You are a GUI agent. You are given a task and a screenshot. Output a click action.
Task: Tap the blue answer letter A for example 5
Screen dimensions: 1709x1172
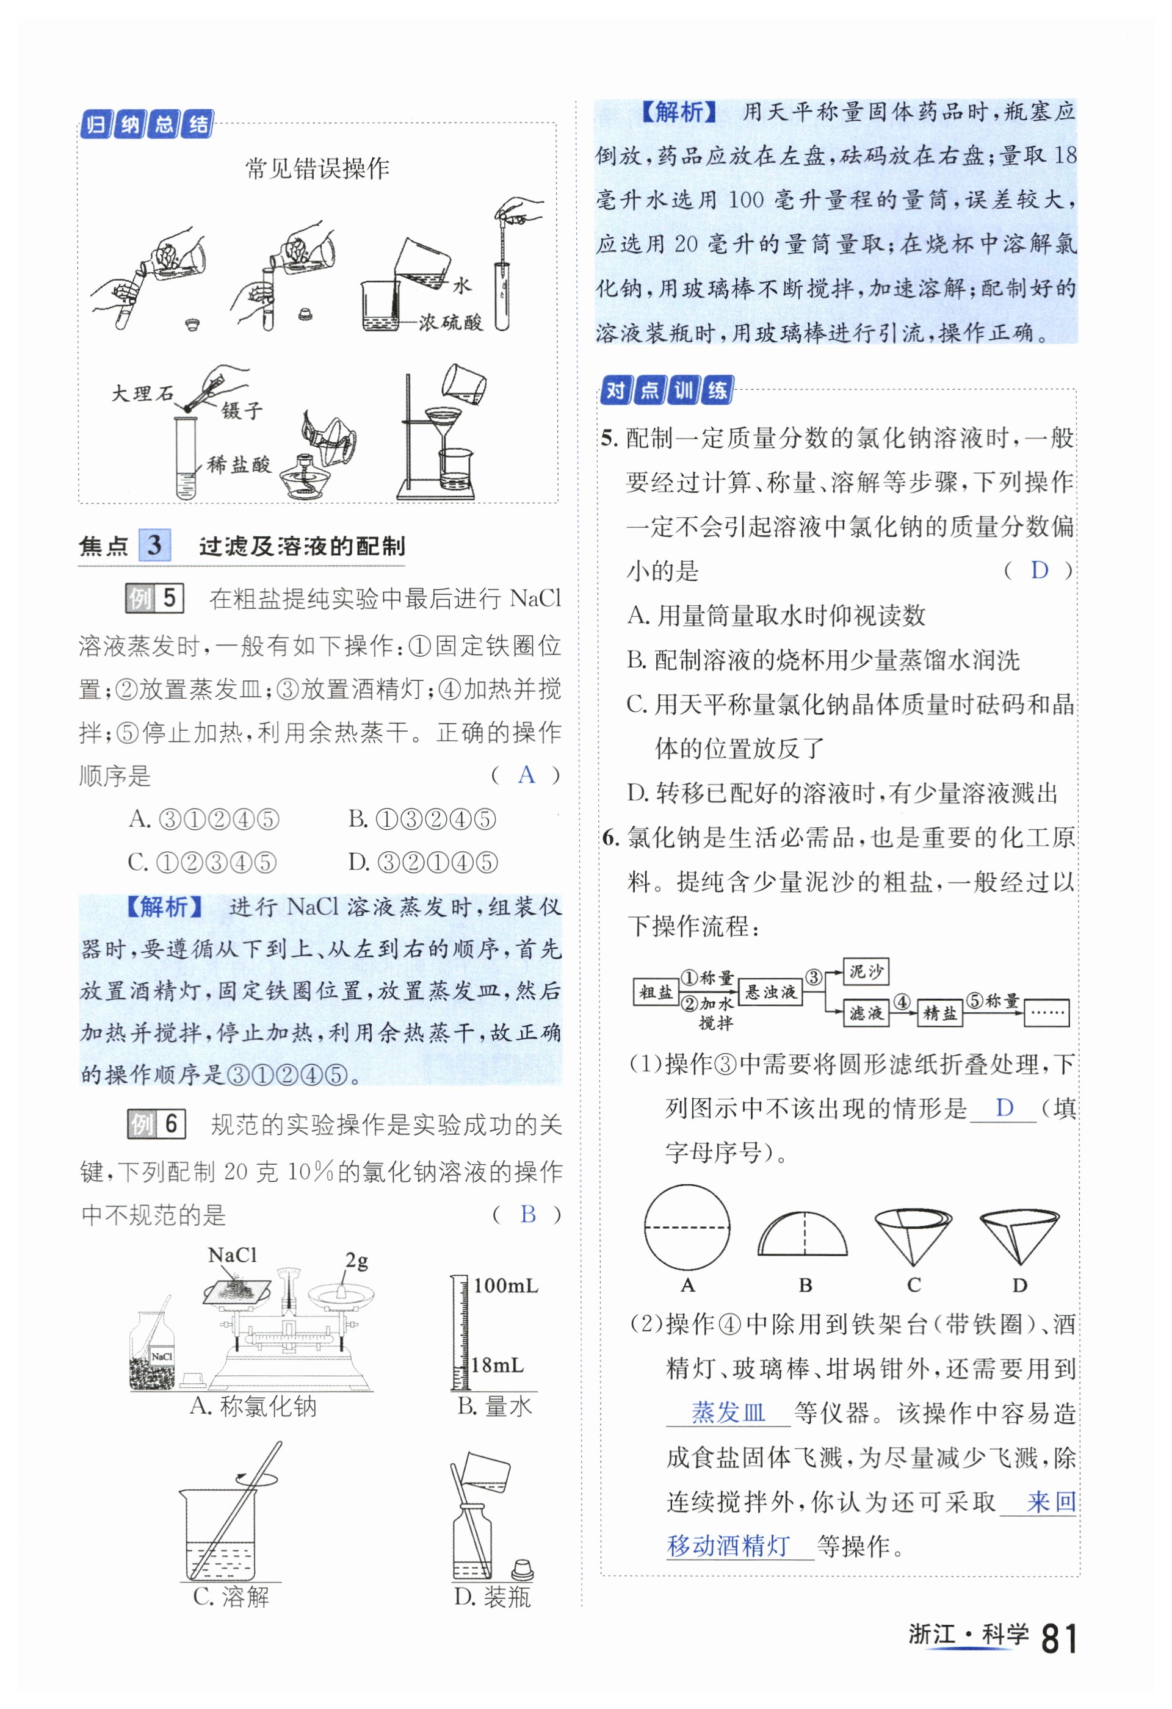526,774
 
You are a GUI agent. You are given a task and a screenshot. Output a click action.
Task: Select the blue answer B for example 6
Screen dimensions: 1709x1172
527,1214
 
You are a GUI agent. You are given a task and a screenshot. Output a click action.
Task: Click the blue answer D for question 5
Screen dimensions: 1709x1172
1039,570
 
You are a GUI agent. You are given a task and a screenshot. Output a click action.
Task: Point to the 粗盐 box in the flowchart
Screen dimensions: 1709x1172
655,992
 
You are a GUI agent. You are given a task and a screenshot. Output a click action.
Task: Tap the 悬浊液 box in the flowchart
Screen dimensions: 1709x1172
770,992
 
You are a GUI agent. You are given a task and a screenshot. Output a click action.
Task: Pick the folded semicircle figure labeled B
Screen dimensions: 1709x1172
803,1235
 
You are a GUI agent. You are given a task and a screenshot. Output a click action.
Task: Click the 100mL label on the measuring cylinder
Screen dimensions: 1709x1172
505,1286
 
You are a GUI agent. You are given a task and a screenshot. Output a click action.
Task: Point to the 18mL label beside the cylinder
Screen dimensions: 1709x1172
497,1365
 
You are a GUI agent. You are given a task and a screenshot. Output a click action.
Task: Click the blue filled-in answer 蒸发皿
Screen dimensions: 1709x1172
728,1412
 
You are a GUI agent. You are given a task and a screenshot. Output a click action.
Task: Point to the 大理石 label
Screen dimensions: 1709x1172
142,393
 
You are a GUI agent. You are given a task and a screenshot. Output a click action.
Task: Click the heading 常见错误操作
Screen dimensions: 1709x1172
317,169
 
